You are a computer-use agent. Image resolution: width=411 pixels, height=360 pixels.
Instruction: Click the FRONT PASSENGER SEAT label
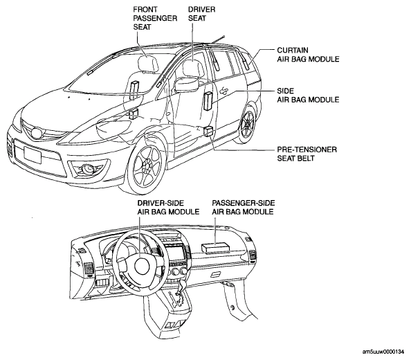[x=155, y=18]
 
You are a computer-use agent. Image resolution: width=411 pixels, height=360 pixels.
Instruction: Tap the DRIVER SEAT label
[x=201, y=14]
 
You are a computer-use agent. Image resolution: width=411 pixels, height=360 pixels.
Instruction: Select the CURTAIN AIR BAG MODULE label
[x=308, y=55]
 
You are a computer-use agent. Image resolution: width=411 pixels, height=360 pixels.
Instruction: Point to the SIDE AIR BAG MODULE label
[x=308, y=95]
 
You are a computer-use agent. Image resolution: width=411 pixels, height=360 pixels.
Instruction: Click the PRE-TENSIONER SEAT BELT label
[x=307, y=154]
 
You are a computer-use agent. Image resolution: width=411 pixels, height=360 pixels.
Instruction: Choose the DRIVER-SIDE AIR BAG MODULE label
[x=168, y=207]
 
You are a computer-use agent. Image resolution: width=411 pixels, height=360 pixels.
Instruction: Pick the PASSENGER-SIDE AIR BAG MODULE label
[x=244, y=207]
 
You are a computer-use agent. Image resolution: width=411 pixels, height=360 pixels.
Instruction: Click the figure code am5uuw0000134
[x=383, y=352]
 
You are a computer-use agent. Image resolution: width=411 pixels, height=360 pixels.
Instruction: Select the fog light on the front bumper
[x=87, y=169]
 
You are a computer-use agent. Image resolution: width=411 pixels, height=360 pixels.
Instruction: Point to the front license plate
[x=33, y=155]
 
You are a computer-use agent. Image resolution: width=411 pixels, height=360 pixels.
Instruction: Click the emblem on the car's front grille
[x=36, y=133]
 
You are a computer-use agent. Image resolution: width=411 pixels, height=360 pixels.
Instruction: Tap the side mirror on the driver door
[x=186, y=84]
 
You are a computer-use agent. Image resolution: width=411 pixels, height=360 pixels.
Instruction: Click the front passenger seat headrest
[x=148, y=64]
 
